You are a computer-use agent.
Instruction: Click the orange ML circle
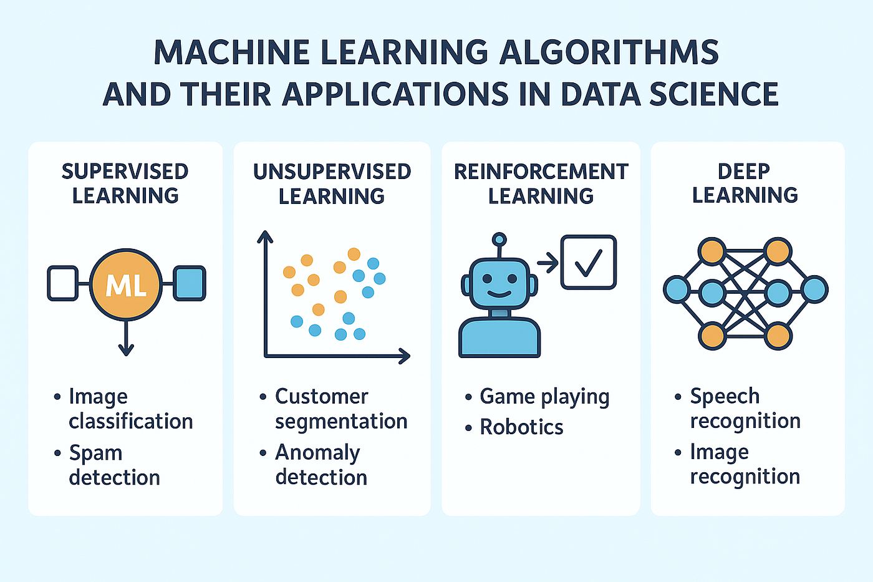(x=126, y=284)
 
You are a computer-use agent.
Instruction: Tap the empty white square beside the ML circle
(x=63, y=283)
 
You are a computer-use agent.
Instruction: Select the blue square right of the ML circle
(x=190, y=283)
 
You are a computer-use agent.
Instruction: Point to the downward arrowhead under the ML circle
(x=126, y=350)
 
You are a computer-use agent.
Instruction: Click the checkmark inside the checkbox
(x=589, y=263)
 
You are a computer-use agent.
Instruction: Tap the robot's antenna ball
(x=499, y=240)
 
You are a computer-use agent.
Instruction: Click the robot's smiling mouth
(x=499, y=294)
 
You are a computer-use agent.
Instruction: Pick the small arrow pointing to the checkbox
(x=547, y=263)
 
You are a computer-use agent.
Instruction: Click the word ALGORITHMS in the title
(x=609, y=52)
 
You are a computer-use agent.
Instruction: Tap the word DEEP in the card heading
(x=743, y=172)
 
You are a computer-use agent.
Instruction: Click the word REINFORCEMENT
(x=541, y=172)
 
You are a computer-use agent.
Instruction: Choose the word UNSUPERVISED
(x=332, y=172)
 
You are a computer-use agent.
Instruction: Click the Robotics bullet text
(x=521, y=427)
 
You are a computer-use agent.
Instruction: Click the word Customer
(x=322, y=397)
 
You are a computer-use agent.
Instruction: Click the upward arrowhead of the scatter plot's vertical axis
(x=265, y=236)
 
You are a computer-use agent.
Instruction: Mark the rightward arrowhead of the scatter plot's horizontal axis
(x=405, y=356)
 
